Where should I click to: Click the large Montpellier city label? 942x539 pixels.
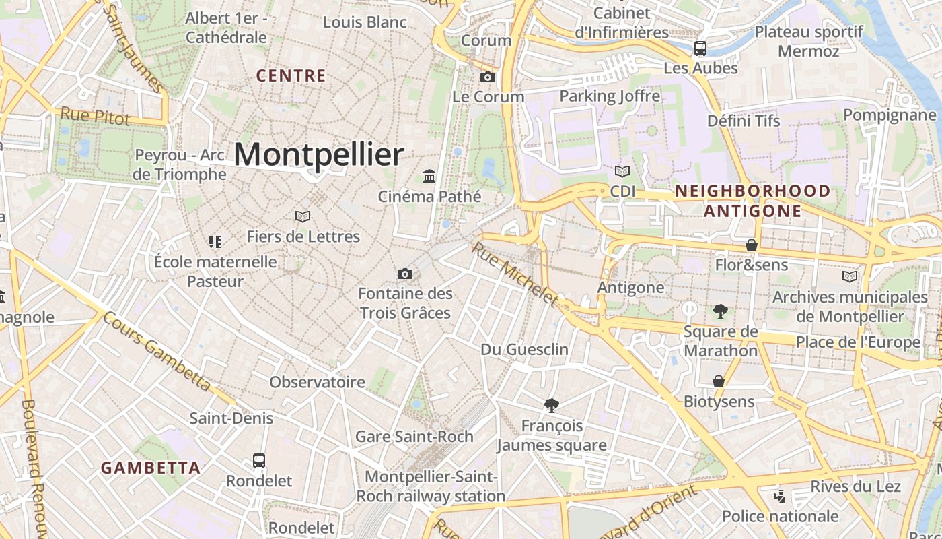[x=318, y=155]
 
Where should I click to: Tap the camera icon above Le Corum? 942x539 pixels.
[x=488, y=77]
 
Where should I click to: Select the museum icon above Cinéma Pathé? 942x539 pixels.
[x=429, y=177]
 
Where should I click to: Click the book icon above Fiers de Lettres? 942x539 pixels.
[x=303, y=216]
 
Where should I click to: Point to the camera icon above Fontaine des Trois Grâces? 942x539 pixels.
[x=404, y=274]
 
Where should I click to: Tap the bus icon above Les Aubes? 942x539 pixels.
[x=700, y=48]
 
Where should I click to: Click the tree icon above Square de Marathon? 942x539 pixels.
[x=721, y=311]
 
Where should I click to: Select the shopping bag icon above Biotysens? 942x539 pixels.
[x=719, y=381]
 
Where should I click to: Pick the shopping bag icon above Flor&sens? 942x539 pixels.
[x=752, y=245]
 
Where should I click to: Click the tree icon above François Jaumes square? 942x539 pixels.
[x=552, y=405]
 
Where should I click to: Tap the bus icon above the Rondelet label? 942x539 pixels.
[x=259, y=461]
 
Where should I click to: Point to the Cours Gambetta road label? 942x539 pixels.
[x=157, y=351]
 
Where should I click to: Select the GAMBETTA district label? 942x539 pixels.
[x=151, y=468]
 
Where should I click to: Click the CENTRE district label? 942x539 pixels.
[x=291, y=75]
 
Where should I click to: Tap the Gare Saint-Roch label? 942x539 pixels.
[x=414, y=437]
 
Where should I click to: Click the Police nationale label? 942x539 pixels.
[x=780, y=517]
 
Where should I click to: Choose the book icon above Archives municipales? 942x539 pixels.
[x=850, y=276]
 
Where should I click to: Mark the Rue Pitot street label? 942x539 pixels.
[x=95, y=116]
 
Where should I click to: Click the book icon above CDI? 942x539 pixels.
[x=622, y=171]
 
